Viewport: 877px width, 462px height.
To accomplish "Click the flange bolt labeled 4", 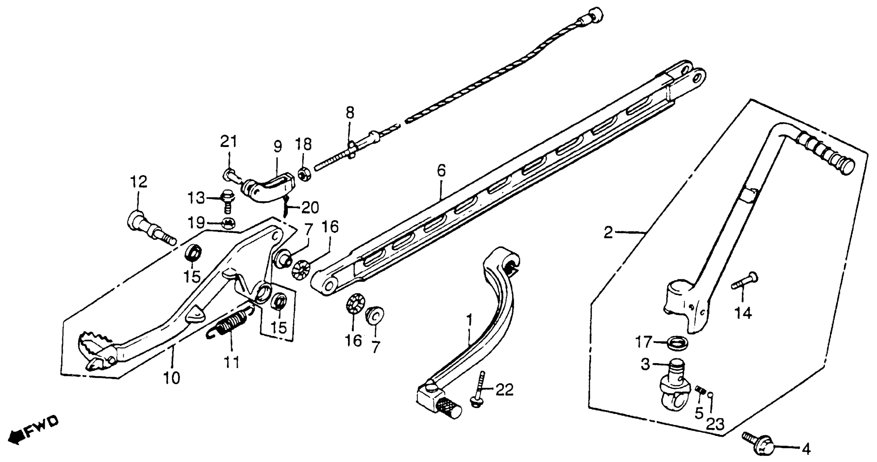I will click(x=758, y=447).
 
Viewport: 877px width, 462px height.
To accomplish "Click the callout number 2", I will click(x=608, y=233).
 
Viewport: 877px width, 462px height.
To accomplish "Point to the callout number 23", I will click(x=715, y=424).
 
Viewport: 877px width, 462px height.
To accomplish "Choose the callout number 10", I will click(x=171, y=378).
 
